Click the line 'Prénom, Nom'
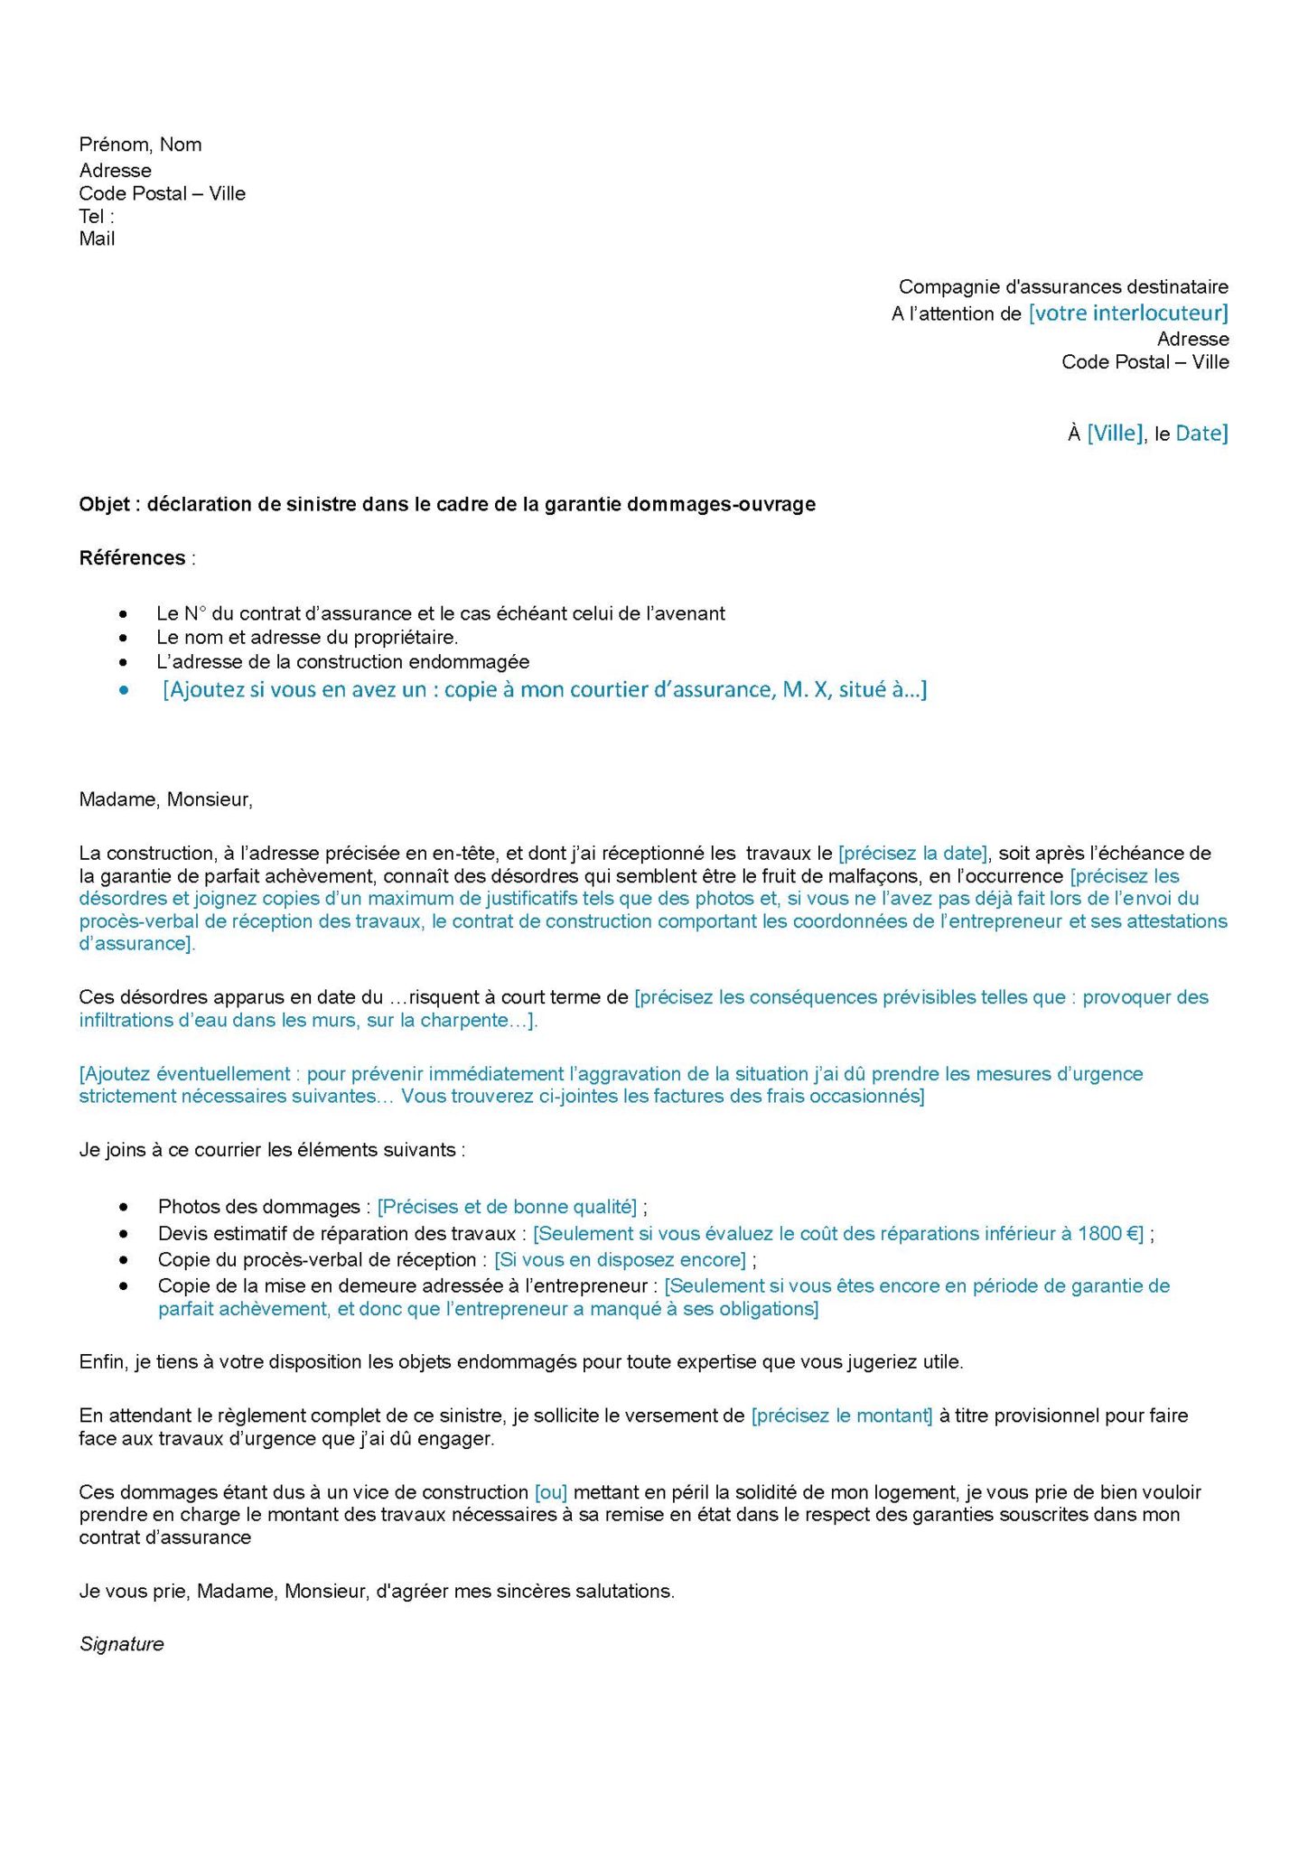[x=140, y=145]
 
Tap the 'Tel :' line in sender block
[x=97, y=216]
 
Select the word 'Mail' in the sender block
[x=97, y=238]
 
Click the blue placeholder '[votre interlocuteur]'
[x=1128, y=313]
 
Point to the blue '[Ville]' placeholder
[x=1115, y=434]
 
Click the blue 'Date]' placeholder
[x=1201, y=434]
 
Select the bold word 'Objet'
[x=105, y=504]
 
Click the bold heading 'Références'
[x=132, y=558]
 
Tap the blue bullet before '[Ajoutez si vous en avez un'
[x=124, y=690]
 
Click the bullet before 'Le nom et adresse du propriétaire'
[x=124, y=638]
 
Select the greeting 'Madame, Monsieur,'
[x=166, y=799]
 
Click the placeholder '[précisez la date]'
[x=913, y=853]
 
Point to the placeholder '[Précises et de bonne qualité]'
[x=507, y=1207]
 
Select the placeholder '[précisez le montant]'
[x=842, y=1416]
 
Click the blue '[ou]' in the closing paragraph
[x=551, y=1492]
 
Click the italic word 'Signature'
[x=122, y=1644]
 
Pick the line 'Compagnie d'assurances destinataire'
[x=1063, y=287]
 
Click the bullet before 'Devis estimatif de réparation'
[x=124, y=1233]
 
